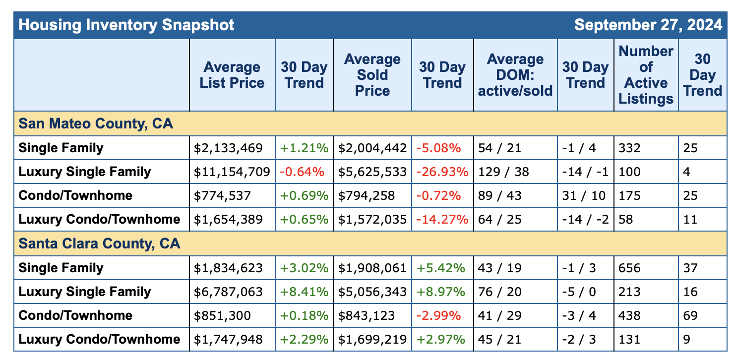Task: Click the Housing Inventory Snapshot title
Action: (126, 25)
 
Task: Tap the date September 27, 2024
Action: (648, 25)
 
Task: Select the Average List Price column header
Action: (232, 75)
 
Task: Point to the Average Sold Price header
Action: (372, 75)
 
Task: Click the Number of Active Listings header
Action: (646, 75)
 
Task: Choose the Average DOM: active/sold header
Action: (515, 75)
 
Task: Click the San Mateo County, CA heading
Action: (96, 123)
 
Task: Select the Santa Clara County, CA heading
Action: (99, 244)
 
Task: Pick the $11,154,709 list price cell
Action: (232, 172)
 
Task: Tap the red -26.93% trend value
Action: (442, 172)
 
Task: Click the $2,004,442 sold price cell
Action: (372, 148)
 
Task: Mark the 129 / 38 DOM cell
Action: (503, 172)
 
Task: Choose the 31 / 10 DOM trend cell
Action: (584, 196)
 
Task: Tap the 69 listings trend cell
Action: (690, 316)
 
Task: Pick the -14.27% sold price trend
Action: (442, 220)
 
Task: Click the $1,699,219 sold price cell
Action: (372, 340)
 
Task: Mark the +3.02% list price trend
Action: (304, 268)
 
